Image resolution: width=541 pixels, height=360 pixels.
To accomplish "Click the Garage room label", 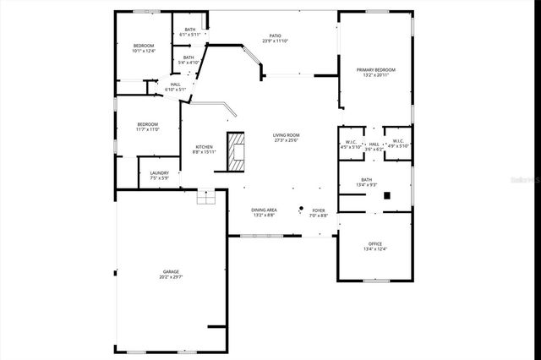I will click(x=171, y=271).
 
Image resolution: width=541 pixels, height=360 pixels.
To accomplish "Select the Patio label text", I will click(x=276, y=36).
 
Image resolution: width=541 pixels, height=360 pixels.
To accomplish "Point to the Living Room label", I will click(x=287, y=135).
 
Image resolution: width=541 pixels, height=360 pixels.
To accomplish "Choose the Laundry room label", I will click(x=160, y=173).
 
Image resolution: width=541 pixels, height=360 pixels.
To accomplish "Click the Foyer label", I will click(x=319, y=210).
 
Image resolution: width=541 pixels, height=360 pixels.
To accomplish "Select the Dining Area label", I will click(x=265, y=210).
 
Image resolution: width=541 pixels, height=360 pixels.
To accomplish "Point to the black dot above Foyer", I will click(x=300, y=206).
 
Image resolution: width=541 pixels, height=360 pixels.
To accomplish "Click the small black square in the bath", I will click(x=386, y=195).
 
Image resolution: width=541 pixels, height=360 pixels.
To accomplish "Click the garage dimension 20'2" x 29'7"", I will click(x=171, y=276).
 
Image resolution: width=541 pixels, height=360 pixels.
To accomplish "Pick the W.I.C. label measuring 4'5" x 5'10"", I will click(x=351, y=141).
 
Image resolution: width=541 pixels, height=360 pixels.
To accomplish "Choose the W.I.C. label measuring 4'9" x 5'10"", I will click(x=397, y=141).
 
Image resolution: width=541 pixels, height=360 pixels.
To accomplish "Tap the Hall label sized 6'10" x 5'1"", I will click(x=176, y=85).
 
